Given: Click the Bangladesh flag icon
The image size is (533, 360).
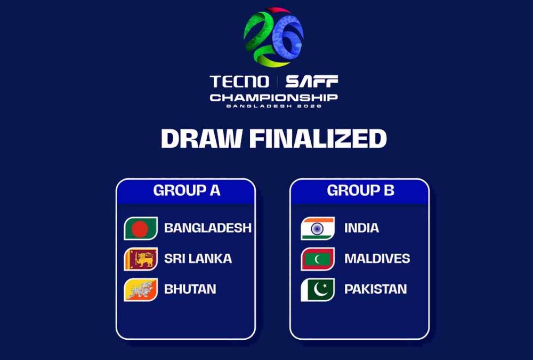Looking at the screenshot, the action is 141,228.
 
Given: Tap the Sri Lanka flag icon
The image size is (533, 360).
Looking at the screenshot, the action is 141,259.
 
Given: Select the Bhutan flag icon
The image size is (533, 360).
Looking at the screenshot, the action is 141,290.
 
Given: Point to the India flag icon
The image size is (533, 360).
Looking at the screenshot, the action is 318,228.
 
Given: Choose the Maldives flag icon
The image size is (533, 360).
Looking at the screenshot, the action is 318,259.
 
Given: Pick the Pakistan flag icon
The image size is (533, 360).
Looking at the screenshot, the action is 318,290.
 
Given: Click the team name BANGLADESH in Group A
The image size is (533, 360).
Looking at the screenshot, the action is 208,228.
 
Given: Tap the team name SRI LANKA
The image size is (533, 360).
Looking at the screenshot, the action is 198,259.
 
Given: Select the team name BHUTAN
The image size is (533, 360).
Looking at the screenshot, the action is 190,289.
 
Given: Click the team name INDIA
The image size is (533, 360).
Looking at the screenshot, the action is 361,228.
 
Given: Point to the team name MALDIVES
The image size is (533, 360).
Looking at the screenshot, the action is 377,259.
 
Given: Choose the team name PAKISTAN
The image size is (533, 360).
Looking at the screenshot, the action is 375,289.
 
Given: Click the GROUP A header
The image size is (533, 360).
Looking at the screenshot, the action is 187,190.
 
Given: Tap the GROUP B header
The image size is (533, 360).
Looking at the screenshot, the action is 360,190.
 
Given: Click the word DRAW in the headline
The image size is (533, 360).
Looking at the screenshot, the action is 201,139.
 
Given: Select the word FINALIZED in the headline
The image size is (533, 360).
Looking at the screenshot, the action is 318,139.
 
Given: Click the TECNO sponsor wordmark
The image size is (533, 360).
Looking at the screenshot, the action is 239,82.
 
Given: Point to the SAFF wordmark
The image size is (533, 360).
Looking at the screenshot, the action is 312,82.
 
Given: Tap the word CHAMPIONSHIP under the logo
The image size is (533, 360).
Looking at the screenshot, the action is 273,98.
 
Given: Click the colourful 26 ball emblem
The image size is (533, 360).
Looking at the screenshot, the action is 273,37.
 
